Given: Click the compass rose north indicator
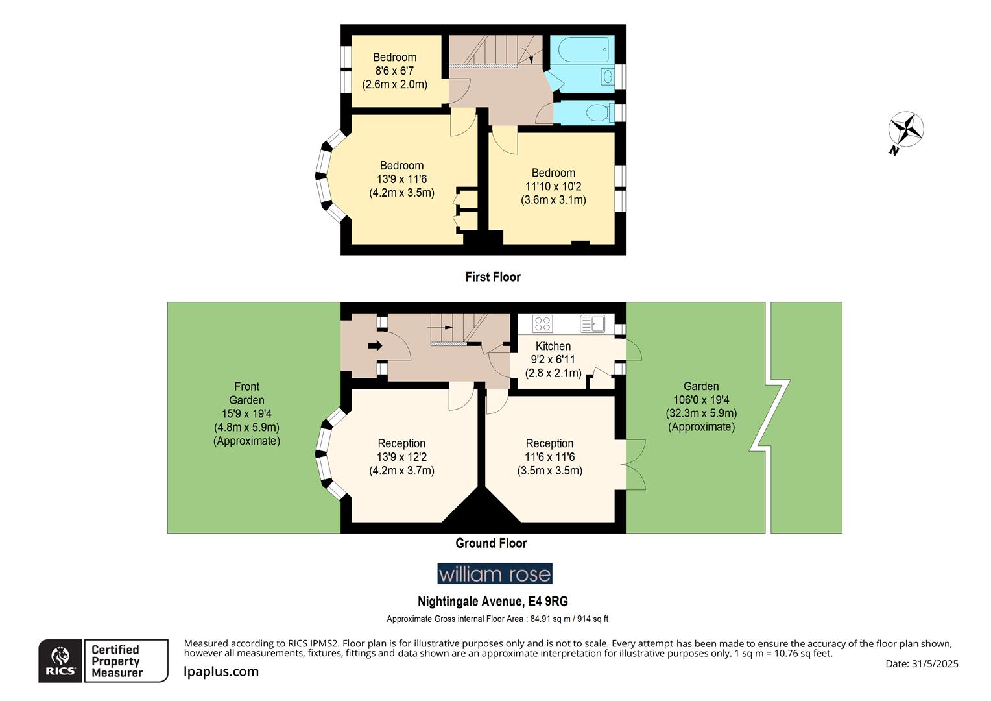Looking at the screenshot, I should click(906, 130).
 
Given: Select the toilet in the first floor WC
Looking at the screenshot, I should click(600, 113).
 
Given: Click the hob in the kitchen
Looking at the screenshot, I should click(542, 323).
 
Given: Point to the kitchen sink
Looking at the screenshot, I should click(592, 323).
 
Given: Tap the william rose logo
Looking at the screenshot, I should click(495, 574).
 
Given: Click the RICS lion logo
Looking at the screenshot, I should click(61, 661).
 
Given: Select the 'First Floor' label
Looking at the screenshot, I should click(493, 277).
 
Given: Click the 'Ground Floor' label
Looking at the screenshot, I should click(491, 543).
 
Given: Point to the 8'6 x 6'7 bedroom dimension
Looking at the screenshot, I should click(394, 71).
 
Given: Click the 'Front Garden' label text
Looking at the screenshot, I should click(246, 393).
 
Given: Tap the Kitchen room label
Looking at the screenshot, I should click(553, 346).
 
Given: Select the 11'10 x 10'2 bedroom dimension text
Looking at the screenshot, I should click(553, 186).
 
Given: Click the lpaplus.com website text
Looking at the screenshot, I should click(221, 672).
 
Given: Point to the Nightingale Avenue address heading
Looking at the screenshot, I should click(493, 602).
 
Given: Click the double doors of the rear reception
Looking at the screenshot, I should click(636, 465).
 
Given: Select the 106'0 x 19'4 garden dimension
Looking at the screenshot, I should click(701, 400).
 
